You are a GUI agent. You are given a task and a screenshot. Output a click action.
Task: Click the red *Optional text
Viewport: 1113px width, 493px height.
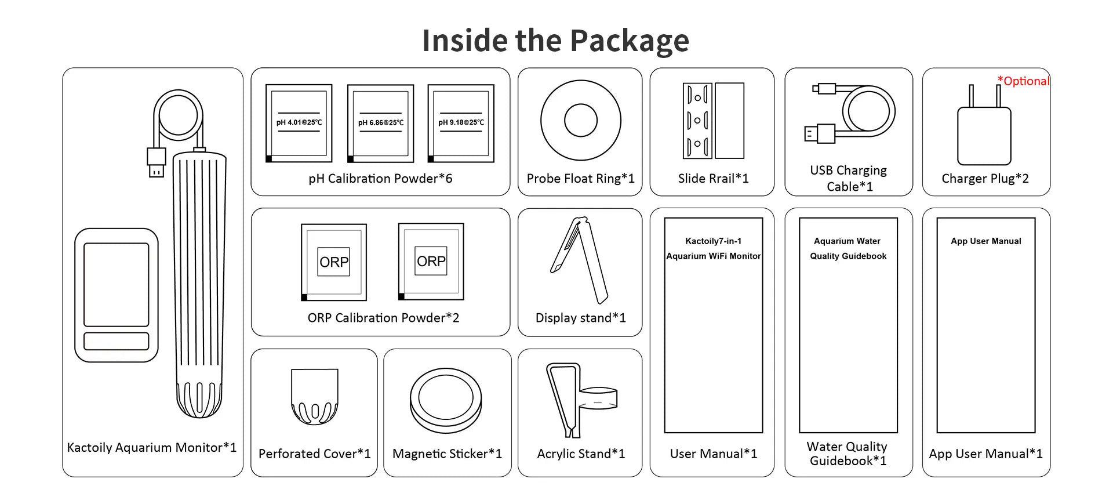click(x=1023, y=81)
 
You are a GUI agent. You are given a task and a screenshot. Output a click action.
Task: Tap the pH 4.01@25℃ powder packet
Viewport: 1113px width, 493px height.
click(x=299, y=124)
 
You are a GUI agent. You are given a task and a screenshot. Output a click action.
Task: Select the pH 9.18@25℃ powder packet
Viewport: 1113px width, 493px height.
click(x=461, y=124)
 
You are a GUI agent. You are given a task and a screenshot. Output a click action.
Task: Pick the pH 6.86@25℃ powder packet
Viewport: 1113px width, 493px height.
click(x=381, y=124)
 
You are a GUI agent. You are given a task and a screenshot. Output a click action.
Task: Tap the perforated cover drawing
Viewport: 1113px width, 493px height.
click(x=315, y=397)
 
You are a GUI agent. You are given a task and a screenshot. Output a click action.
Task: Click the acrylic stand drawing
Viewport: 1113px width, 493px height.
click(x=581, y=400)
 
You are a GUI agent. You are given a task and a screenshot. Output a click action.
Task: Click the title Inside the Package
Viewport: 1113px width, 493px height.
click(x=556, y=41)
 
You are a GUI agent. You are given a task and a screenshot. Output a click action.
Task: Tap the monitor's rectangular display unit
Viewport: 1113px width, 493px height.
click(x=117, y=295)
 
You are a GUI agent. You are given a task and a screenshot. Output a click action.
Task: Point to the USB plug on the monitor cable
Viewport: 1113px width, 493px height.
click(x=157, y=163)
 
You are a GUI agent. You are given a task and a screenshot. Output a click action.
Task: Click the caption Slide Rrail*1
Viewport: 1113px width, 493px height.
click(x=714, y=179)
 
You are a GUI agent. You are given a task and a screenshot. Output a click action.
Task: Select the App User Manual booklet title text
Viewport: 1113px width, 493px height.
click(x=986, y=241)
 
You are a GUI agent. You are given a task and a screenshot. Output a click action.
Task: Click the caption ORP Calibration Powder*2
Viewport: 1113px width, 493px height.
click(x=383, y=318)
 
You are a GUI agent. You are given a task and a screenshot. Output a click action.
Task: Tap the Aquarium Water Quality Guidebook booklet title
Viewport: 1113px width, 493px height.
click(x=848, y=248)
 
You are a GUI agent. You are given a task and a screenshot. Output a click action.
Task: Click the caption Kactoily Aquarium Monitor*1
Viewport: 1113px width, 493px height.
click(x=152, y=448)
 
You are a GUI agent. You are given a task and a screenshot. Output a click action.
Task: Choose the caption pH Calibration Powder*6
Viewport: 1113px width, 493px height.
click(x=380, y=179)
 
